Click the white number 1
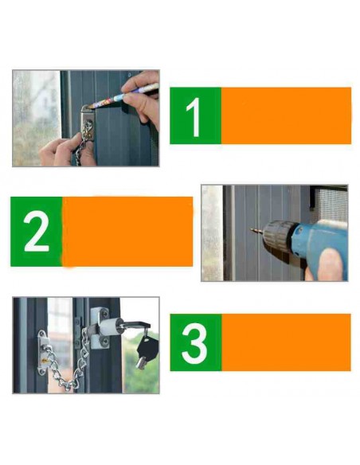click(194, 116)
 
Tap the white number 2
click(36, 232)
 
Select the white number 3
click(195, 342)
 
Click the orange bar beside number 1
click(285, 116)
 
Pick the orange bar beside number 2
click(127, 232)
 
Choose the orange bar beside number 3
click(285, 342)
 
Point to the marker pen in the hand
click(119, 96)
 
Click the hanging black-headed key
click(147, 349)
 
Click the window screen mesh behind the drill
click(328, 203)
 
